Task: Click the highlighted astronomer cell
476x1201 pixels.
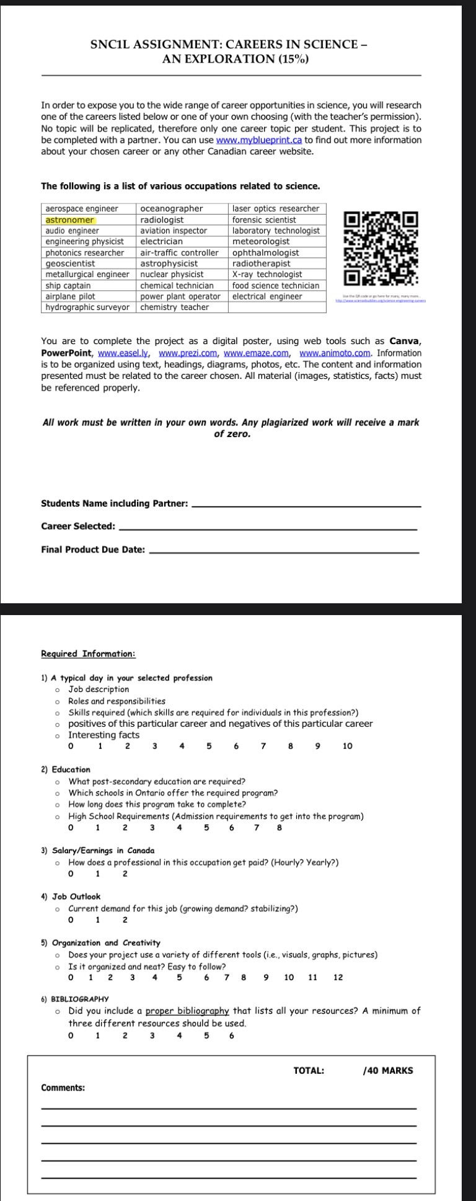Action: [x=70, y=220]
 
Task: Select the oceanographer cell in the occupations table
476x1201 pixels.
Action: [x=172, y=209]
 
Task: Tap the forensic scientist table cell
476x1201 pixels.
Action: [x=264, y=220]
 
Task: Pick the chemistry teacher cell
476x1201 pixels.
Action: [x=174, y=308]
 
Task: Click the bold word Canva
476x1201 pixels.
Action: [x=405, y=342]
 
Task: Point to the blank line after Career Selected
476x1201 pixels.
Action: [x=267, y=528]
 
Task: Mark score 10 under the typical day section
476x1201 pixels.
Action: [x=347, y=747]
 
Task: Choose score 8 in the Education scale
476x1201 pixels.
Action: [x=280, y=827]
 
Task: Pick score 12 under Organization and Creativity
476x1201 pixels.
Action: [x=337, y=977]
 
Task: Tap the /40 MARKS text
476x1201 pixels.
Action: [x=387, y=1070]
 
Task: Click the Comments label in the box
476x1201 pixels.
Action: [x=63, y=1088]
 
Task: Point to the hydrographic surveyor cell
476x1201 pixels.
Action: [x=87, y=308]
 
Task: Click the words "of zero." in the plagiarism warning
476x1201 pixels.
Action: [x=232, y=434]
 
